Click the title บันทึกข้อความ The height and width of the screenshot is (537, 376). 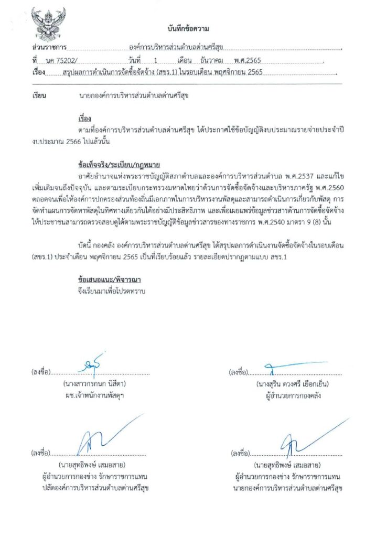(x=188, y=28)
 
